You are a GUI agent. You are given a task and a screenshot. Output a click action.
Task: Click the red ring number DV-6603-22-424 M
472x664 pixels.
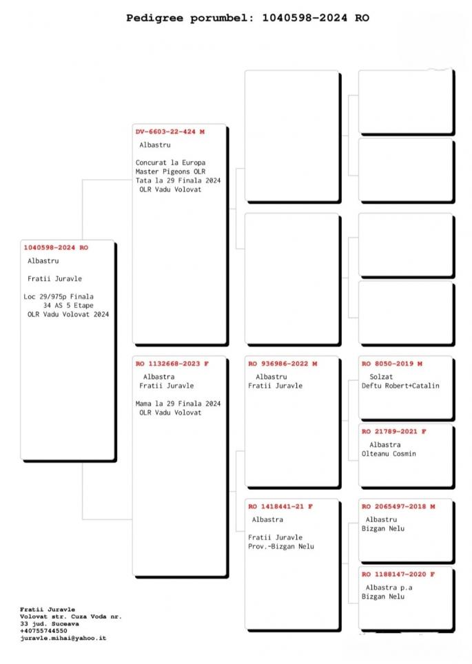point(170,132)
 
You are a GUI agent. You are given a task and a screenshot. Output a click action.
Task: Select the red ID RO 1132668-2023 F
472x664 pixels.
point(172,364)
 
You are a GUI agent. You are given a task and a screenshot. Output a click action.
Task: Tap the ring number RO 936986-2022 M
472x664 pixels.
point(283,364)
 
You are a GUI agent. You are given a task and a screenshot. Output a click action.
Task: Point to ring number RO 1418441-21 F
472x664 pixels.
point(280,506)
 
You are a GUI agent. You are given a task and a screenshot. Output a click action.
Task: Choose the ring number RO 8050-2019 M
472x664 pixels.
point(392,364)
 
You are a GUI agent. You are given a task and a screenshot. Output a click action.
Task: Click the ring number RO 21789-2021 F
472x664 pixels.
point(394,431)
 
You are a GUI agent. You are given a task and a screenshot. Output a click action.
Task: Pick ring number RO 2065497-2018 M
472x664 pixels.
point(398,506)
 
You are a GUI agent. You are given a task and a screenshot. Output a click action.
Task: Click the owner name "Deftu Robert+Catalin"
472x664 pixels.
point(400,386)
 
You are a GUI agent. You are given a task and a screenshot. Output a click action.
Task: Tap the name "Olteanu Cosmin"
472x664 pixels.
point(389,453)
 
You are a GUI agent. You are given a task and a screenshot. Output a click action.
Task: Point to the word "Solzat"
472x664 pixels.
point(381,377)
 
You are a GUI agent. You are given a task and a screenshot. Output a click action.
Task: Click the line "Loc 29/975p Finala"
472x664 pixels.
point(59,297)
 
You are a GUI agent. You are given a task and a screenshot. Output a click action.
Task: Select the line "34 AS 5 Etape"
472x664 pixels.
point(68,305)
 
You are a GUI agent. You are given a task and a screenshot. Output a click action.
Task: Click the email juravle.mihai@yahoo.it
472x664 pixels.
point(63,638)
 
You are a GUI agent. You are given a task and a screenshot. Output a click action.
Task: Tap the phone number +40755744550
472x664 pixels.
point(43,631)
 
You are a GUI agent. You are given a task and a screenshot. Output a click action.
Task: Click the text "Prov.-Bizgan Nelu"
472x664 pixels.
point(281,547)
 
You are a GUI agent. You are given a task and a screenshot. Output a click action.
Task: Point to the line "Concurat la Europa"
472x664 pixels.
point(170,163)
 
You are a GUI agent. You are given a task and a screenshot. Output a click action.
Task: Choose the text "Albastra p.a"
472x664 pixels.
point(389,588)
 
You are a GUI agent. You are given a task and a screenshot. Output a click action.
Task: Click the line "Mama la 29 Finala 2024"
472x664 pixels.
point(178,404)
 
